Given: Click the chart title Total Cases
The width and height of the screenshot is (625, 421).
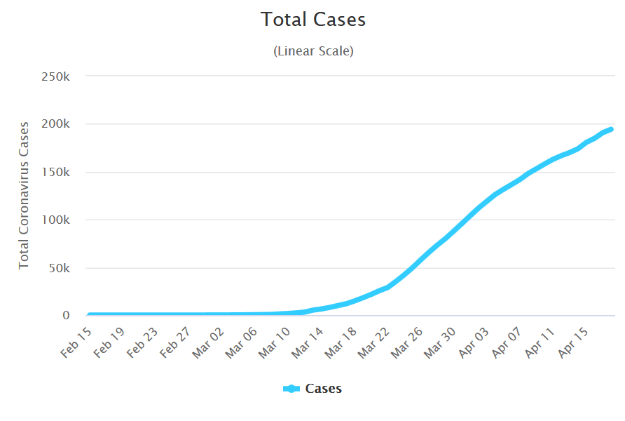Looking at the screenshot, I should (x=313, y=20).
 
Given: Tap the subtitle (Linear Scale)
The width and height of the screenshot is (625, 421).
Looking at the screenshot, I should (x=313, y=51).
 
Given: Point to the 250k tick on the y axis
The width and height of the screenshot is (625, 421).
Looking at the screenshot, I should (x=55, y=76).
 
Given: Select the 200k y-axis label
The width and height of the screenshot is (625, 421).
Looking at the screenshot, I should (x=55, y=124).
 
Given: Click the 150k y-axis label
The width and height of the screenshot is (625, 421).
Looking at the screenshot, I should (x=55, y=172).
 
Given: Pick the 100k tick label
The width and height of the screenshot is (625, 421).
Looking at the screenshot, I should (x=55, y=220).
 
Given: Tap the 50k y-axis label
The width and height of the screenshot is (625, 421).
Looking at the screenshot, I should (x=58, y=268).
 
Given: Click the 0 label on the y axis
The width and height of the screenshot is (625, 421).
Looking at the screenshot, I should (x=67, y=316).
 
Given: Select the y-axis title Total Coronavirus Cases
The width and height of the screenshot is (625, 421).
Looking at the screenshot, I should (x=24, y=195).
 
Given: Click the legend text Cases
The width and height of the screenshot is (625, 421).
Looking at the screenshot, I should (x=324, y=389).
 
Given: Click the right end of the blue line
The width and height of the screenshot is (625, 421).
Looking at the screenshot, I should (x=611, y=129).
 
